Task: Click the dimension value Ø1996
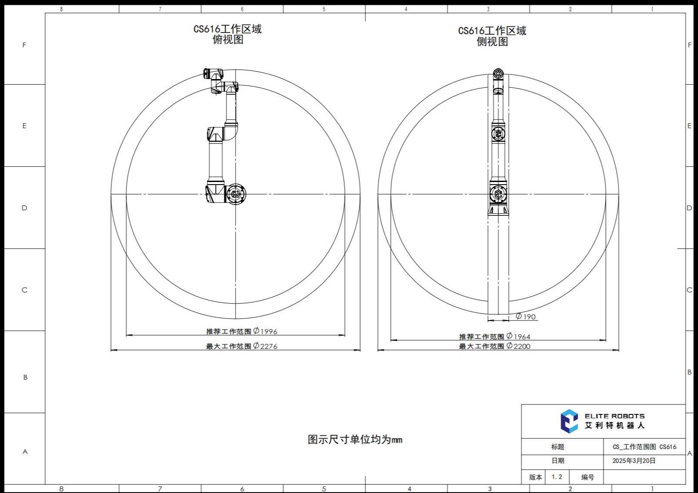pyautogui.click(x=265, y=331)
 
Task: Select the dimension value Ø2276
pyautogui.click(x=265, y=346)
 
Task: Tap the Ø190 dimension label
pyautogui.click(x=526, y=316)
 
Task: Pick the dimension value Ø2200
pyautogui.click(x=518, y=346)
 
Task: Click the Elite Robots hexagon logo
pyautogui.click(x=569, y=421)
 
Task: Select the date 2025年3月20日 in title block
pyautogui.click(x=634, y=460)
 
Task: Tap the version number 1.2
pyautogui.click(x=557, y=477)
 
